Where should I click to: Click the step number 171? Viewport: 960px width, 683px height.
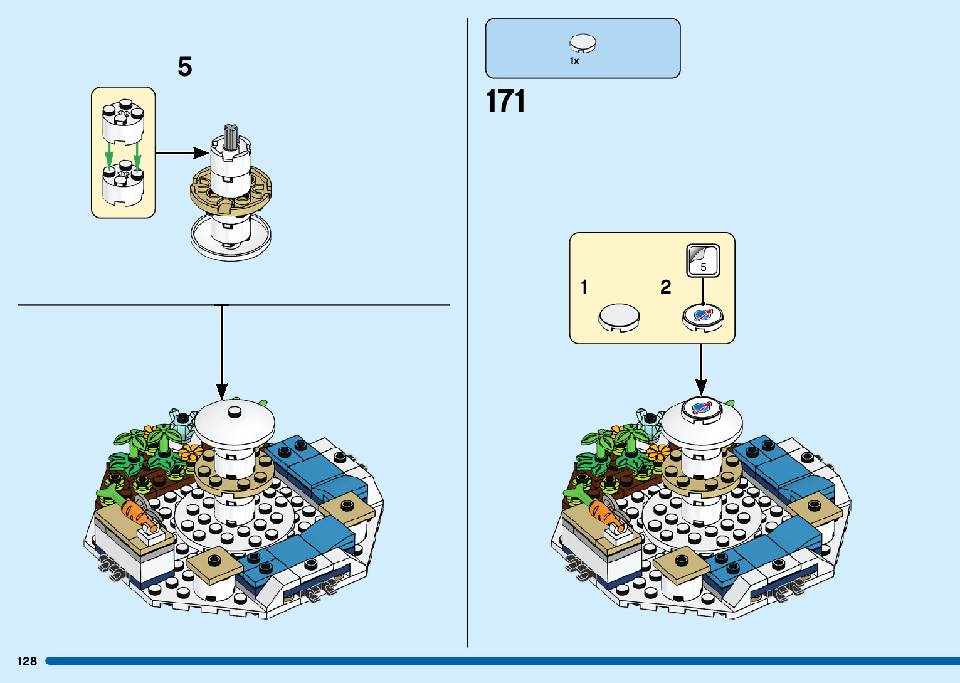click(505, 101)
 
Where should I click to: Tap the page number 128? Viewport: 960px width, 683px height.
click(28, 661)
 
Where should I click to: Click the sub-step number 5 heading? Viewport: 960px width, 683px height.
click(184, 67)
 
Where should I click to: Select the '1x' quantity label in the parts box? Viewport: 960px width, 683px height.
click(574, 61)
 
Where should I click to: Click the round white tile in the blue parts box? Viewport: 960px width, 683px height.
click(583, 43)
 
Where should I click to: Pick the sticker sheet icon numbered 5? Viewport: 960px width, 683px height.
click(703, 260)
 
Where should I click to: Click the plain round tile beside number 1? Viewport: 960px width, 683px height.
click(620, 317)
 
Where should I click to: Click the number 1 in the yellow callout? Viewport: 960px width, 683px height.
click(584, 287)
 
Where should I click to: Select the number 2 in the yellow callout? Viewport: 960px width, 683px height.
click(666, 287)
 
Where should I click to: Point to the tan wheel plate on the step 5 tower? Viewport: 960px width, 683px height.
click(231, 191)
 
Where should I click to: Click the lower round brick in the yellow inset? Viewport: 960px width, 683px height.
click(123, 185)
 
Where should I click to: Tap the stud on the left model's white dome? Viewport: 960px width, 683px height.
click(235, 411)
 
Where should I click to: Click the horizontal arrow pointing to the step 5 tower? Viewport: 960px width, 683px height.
click(182, 152)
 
